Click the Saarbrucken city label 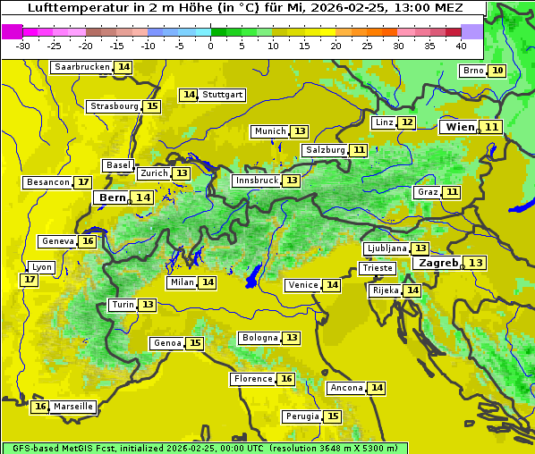pyautogui.click(x=81, y=67)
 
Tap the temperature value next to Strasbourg pyautogui.click(x=152, y=106)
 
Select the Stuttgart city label pyautogui.click(x=222, y=95)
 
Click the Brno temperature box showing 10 pyautogui.click(x=497, y=71)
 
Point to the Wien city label pyautogui.click(x=461, y=127)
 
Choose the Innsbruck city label pyautogui.click(x=256, y=181)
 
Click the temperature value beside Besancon pyautogui.click(x=83, y=182)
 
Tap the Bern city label pyautogui.click(x=113, y=198)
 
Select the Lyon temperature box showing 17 pyautogui.click(x=30, y=280)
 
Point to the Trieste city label pyautogui.click(x=377, y=268)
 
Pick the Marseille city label pyautogui.click(x=73, y=407)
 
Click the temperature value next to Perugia pyautogui.click(x=333, y=416)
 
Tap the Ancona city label pyautogui.click(x=346, y=388)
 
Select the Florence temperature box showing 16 pyautogui.click(x=286, y=379)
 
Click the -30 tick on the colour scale pyautogui.click(x=24, y=46)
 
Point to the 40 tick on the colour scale pyautogui.click(x=461, y=46)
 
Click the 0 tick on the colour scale pyautogui.click(x=211, y=46)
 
